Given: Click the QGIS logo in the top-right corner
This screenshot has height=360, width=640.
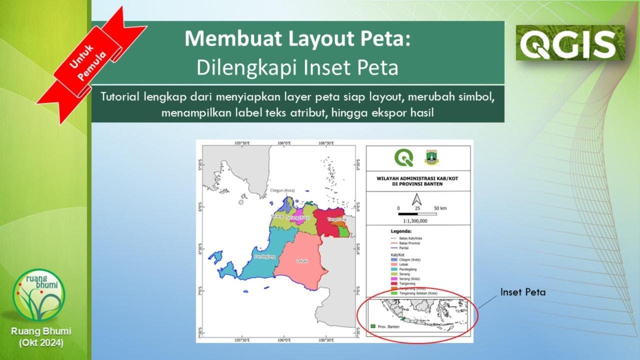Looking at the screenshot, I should click(x=570, y=43).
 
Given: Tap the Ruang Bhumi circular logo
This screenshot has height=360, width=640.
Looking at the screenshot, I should click(x=39, y=295).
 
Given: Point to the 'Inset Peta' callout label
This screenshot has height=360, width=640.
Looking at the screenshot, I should click(x=522, y=292).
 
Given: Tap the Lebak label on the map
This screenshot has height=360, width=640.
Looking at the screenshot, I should click(x=301, y=261).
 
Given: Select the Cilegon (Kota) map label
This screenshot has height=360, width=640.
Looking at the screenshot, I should click(x=282, y=190).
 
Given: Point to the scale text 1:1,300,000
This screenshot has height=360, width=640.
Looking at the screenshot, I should click(x=415, y=220).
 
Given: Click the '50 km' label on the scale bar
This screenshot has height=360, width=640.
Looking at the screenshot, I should click(x=440, y=207).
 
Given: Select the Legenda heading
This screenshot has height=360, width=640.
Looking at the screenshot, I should click(x=401, y=231).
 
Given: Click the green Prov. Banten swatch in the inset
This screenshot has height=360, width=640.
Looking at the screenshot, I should click(x=372, y=326).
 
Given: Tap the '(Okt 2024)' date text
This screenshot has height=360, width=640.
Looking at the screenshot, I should click(x=41, y=343).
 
